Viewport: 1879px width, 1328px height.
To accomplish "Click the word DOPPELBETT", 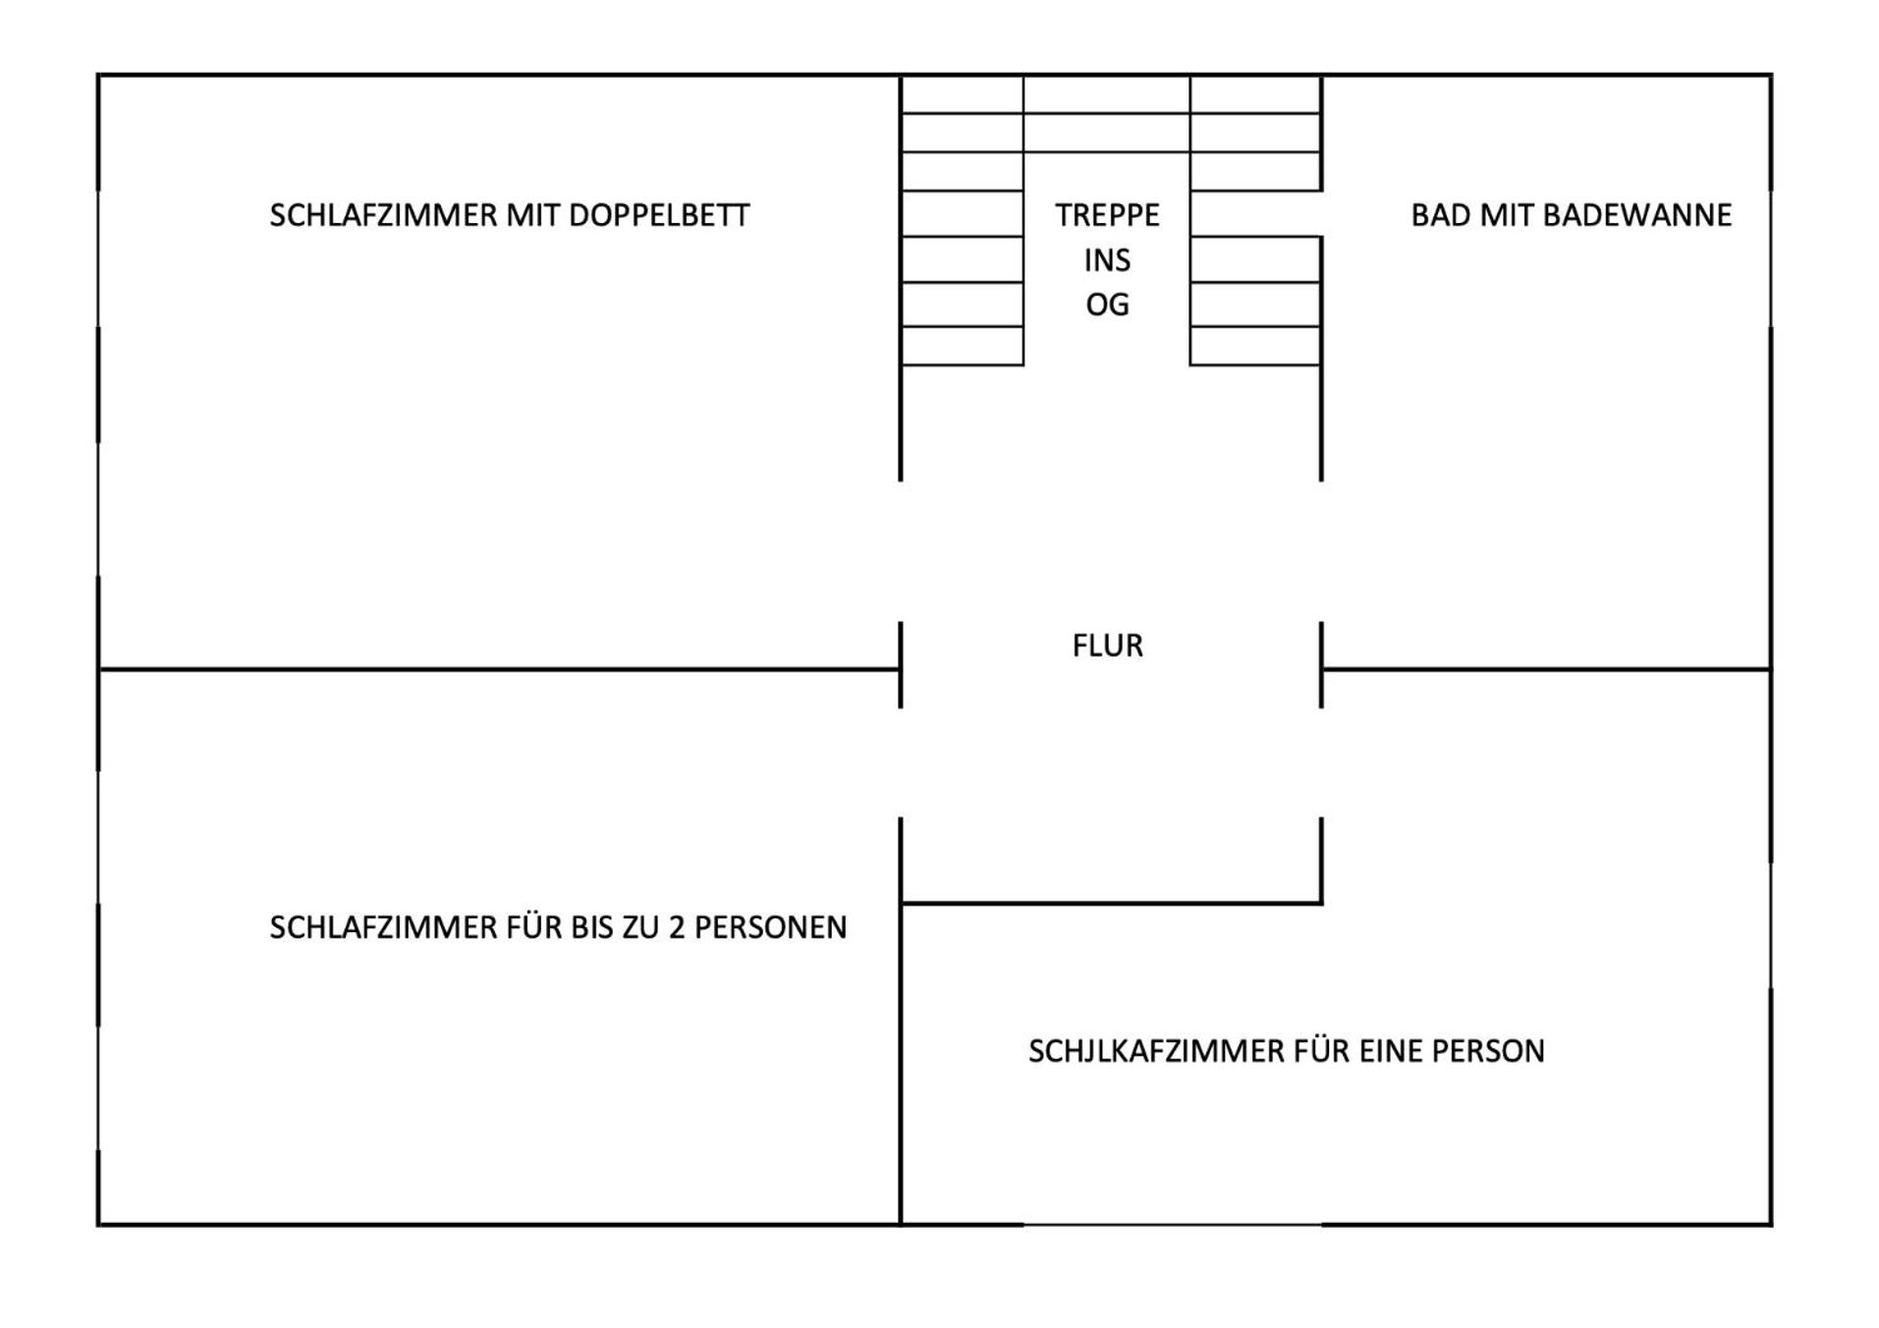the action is (x=658, y=215).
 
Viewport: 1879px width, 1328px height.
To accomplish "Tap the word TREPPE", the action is (x=1107, y=215).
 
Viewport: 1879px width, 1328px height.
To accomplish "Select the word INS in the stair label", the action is (x=1107, y=260).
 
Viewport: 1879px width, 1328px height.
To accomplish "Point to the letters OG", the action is (x=1107, y=305).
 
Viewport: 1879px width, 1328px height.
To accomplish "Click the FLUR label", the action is (x=1107, y=645).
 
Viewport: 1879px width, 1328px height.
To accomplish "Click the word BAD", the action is (x=1440, y=215).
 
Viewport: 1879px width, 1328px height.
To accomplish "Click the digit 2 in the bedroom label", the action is (x=676, y=927).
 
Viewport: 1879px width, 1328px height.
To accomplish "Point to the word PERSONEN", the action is (x=770, y=927).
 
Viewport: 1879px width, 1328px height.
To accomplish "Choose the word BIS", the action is (x=590, y=927).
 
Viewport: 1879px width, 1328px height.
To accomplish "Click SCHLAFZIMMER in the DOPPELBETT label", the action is (x=383, y=215).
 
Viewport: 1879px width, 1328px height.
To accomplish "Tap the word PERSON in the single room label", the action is (x=1488, y=1051).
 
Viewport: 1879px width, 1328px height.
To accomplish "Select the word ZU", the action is (x=639, y=927).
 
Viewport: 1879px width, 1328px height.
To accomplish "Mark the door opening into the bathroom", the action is (x=1321, y=551).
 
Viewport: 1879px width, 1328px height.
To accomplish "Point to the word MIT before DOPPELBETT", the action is (x=532, y=215).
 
